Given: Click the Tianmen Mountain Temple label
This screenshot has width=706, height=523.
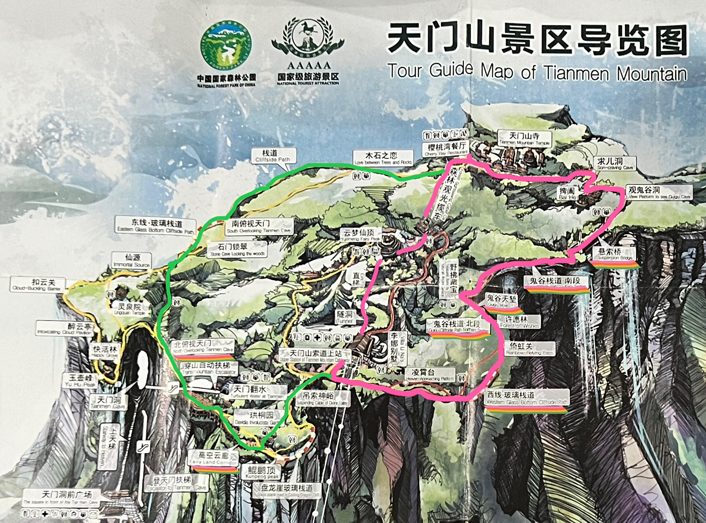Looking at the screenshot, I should point(525,139).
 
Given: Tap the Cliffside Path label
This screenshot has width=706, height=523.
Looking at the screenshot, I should point(273,156).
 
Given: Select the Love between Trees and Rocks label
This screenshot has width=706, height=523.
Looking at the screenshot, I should point(382,158).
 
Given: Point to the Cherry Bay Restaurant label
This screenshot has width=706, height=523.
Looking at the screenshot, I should point(446,149).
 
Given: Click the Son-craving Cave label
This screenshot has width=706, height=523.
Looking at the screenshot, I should point(614,163).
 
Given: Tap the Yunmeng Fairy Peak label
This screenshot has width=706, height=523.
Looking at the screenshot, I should point(360,235).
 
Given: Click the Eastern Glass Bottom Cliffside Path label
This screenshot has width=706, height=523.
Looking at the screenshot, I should point(157,226).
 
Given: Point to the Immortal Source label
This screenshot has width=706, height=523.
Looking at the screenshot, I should point(132,260).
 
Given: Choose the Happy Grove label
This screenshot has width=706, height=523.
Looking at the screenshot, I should point(105,351).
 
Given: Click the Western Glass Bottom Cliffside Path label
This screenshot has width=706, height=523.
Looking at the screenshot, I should point(527,398).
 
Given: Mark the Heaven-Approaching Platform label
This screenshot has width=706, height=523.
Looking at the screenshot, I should point(430,375).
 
